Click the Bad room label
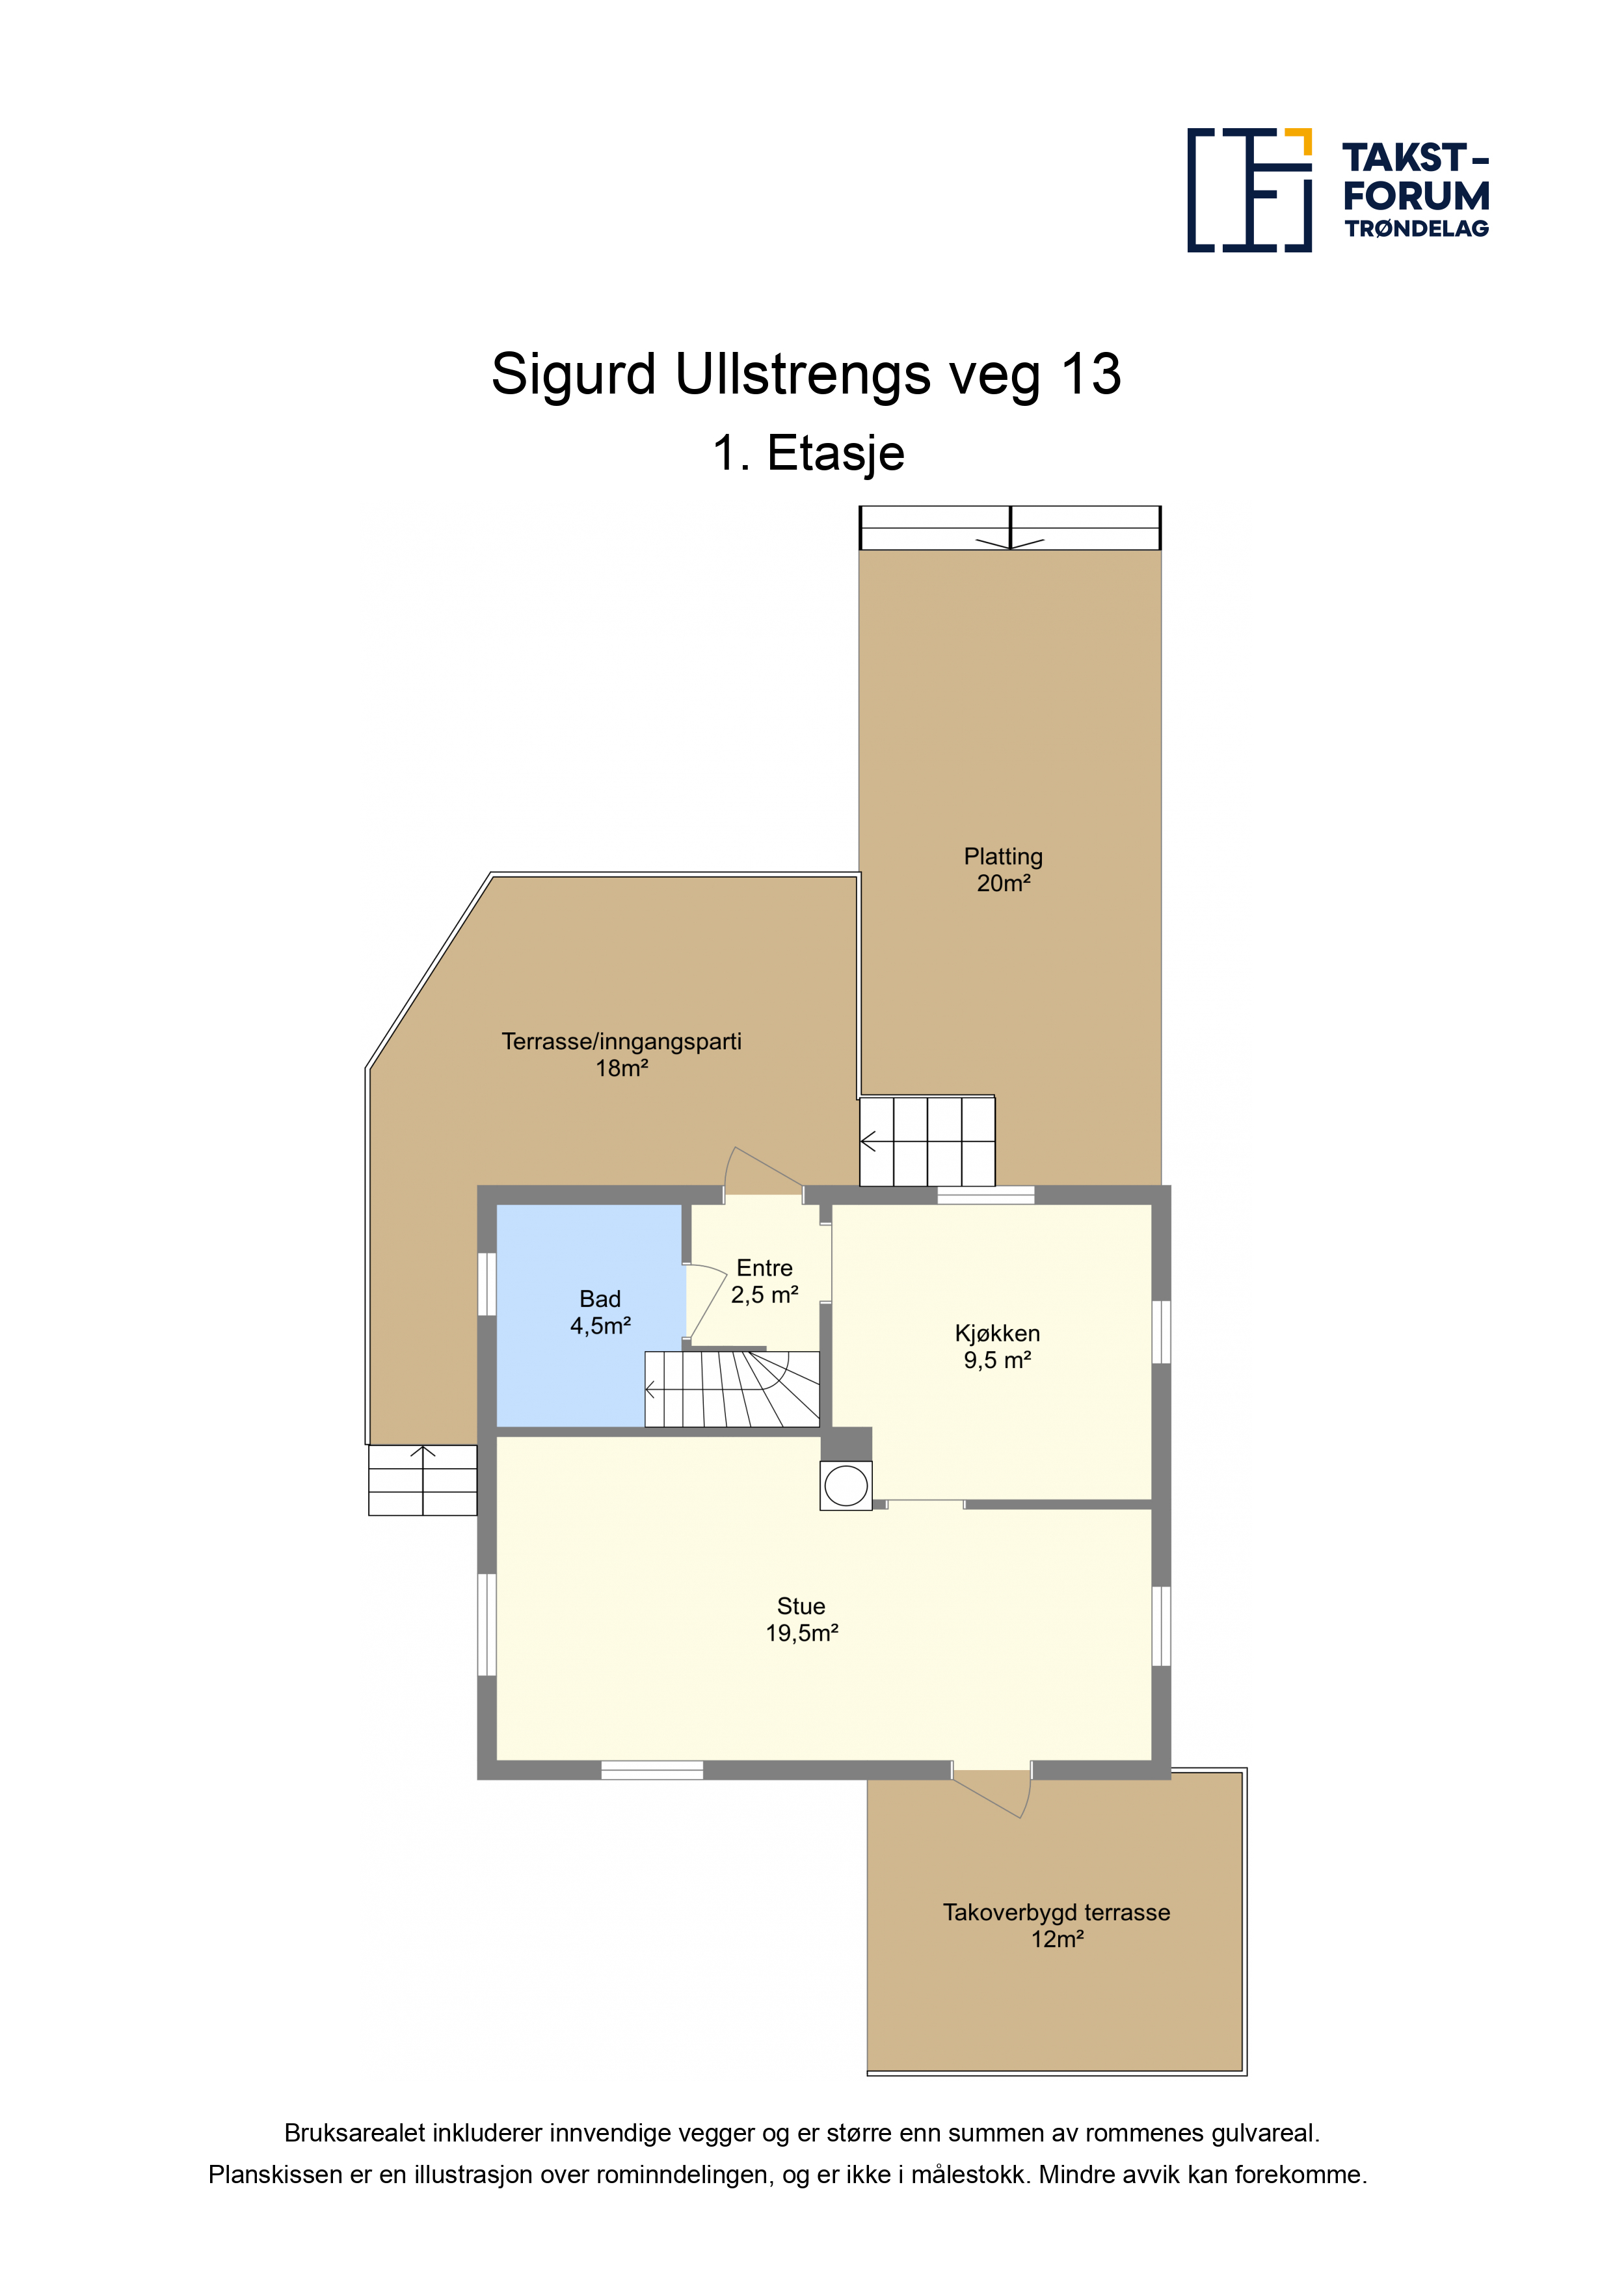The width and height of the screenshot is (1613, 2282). tap(600, 1312)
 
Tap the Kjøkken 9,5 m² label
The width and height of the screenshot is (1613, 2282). tap(997, 1347)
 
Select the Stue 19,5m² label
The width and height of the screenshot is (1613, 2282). tap(801, 1619)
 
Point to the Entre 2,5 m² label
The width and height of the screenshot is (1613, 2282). tap(764, 1281)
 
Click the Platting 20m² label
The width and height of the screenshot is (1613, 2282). tap(1003, 870)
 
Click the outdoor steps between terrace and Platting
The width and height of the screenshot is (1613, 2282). tap(927, 1141)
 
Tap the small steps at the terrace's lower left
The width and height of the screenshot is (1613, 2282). tap(422, 1480)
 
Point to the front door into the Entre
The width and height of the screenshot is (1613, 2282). tap(764, 1173)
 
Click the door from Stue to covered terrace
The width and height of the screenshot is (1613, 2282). tap(992, 1788)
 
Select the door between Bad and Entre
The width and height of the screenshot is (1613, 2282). tap(706, 1302)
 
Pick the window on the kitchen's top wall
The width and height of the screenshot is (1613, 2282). tap(986, 1195)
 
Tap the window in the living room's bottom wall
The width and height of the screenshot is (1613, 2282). tap(652, 1769)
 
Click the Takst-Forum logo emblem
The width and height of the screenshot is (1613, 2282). tap(1249, 190)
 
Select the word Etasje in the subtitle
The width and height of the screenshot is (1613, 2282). tap(836, 454)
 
